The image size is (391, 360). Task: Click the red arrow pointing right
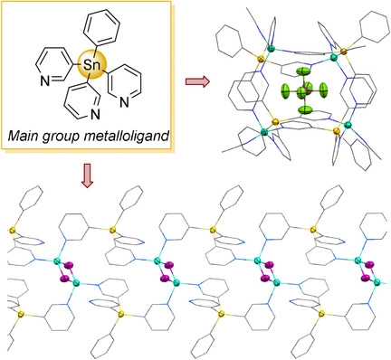(x=195, y=82)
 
